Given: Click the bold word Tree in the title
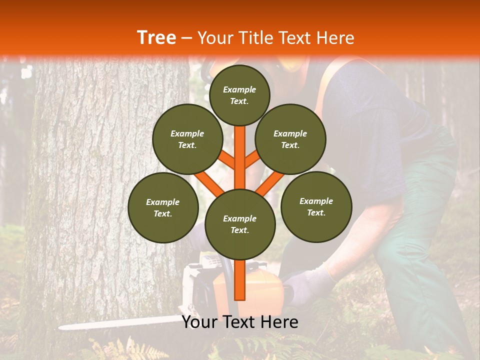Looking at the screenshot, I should [x=156, y=38].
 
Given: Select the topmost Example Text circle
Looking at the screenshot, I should [x=239, y=95].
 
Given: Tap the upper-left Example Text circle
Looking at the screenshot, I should [x=187, y=139].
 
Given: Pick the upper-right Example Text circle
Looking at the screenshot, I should [x=290, y=139].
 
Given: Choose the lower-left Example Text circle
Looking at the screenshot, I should [x=163, y=208].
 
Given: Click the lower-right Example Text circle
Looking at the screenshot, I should [x=316, y=206].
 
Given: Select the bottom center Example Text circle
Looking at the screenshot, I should [x=240, y=224].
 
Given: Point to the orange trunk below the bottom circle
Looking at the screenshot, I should [x=240, y=280].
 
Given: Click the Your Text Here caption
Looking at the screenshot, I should [x=240, y=322].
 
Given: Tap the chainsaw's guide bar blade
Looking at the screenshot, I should [x=115, y=323].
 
